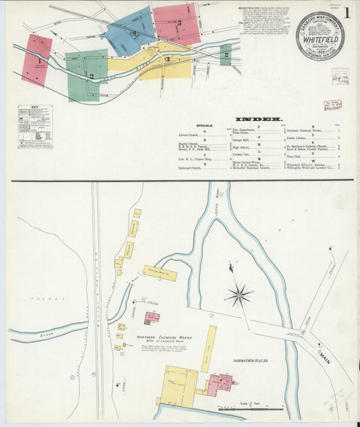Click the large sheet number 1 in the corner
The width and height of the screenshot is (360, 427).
tap(346, 12)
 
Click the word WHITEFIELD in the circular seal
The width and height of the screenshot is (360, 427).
tap(319, 39)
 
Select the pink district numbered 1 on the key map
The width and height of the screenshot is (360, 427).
tap(37, 60)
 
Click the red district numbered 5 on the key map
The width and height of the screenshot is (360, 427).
tap(177, 24)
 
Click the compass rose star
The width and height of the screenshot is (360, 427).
tap(238, 295)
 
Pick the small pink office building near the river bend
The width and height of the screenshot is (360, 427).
tap(152, 318)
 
